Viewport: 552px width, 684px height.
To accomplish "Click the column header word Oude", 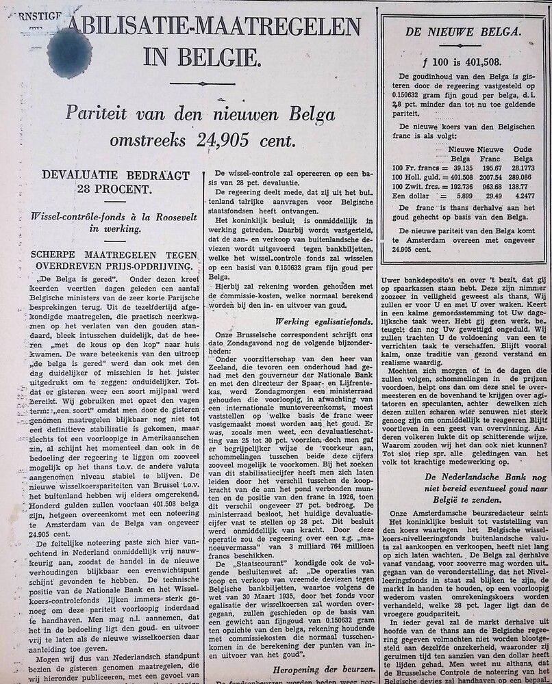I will (523, 149).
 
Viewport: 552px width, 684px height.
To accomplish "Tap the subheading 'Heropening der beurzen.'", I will (323, 669).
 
